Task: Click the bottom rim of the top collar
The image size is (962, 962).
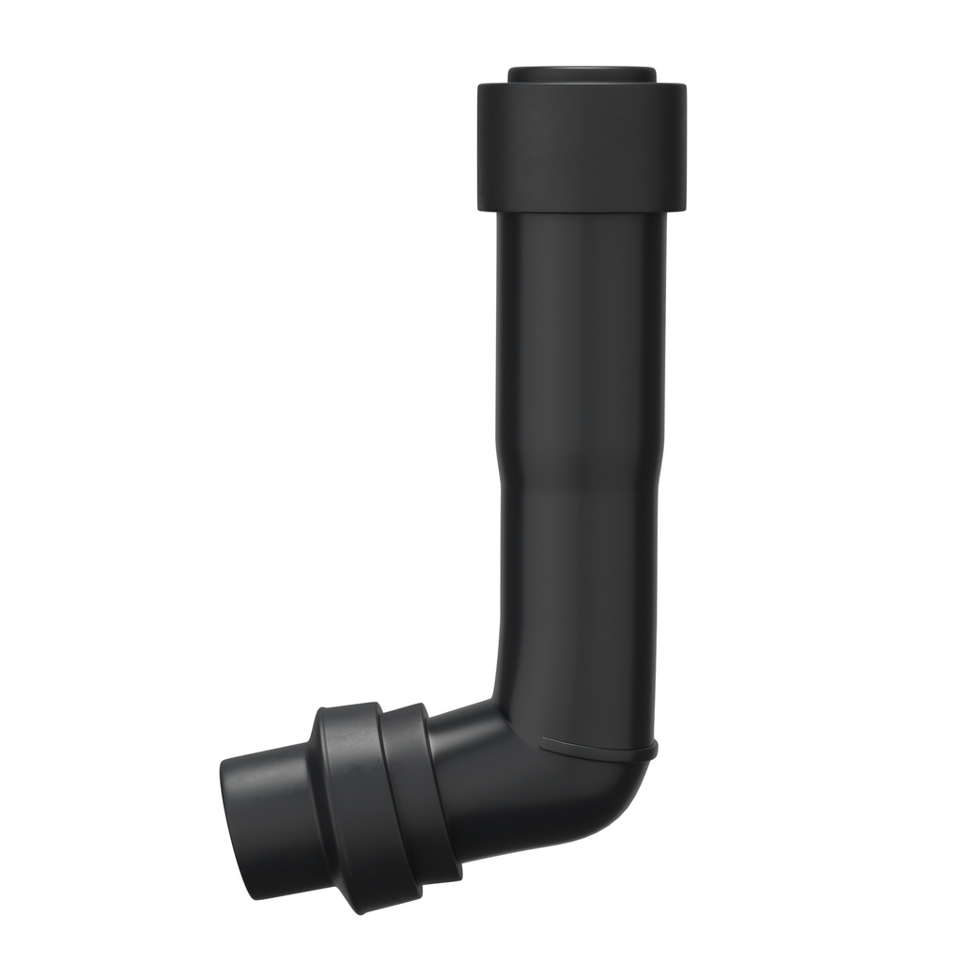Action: [x=582, y=209]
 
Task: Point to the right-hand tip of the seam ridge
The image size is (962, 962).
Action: [x=655, y=748]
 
